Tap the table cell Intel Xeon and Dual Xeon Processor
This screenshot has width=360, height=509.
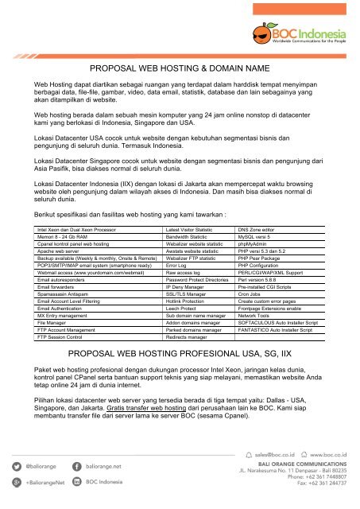(72, 206)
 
